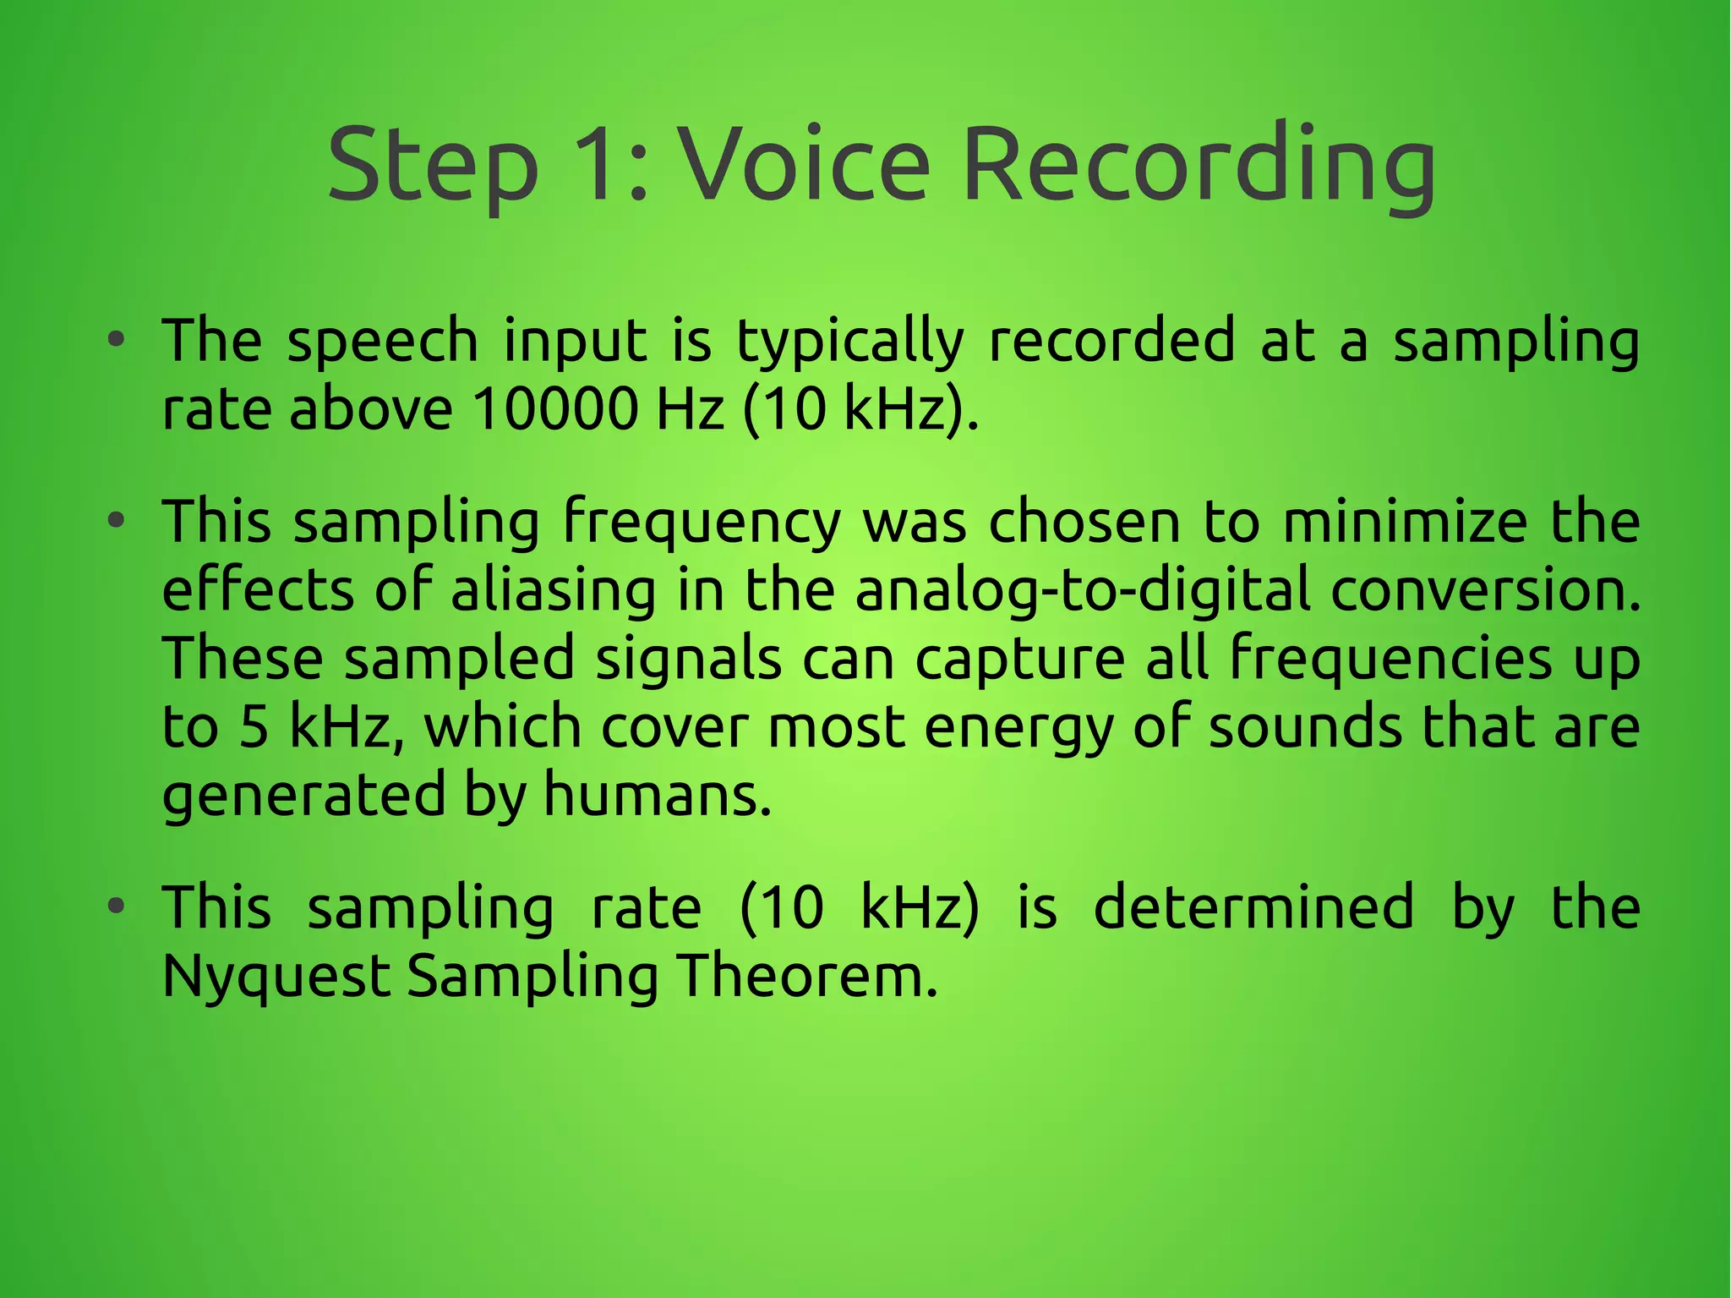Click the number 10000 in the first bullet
(554, 409)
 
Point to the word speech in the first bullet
(383, 342)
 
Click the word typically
(850, 342)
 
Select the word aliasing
(554, 590)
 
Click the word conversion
(1485, 590)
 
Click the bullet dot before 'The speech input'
(117, 342)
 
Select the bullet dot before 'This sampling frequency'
(117, 522)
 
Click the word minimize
(1405, 522)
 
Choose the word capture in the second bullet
(1020, 659)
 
